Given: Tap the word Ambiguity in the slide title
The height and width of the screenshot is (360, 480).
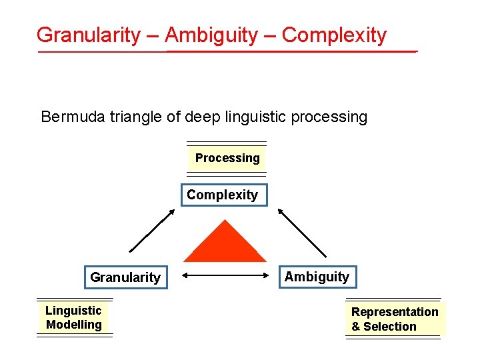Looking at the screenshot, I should [x=211, y=35].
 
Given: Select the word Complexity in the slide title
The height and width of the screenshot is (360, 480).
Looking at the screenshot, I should [x=334, y=35].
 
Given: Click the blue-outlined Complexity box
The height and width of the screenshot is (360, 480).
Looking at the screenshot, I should [x=223, y=195].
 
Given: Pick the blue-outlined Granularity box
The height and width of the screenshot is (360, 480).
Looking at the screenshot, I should [x=125, y=277].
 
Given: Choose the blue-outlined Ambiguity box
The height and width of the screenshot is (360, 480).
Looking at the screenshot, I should [x=317, y=277].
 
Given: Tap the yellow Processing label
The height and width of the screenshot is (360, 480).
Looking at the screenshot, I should [x=227, y=158].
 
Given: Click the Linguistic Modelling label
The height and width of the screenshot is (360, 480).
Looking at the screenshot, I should [x=74, y=318].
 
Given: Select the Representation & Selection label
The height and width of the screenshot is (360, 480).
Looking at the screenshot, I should [x=394, y=319].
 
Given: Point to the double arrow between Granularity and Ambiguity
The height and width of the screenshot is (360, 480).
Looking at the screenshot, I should [x=225, y=275].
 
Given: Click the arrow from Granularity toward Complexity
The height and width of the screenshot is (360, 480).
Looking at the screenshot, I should [x=152, y=231].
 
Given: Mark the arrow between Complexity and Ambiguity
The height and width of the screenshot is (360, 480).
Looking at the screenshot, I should [x=302, y=232].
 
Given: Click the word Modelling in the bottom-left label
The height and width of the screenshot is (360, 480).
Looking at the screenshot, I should [x=74, y=325].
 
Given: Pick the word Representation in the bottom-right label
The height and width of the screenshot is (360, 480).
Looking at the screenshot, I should [x=395, y=312].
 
